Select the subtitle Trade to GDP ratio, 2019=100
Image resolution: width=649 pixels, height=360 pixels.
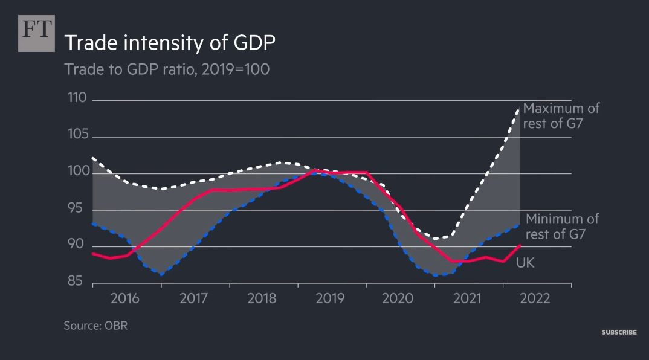tap(167, 69)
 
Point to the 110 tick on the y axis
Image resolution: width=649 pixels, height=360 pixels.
tap(77, 98)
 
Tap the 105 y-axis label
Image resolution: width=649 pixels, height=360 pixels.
tap(77, 135)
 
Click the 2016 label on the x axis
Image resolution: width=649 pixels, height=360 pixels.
tap(125, 298)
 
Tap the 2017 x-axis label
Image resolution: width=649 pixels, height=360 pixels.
tap(193, 298)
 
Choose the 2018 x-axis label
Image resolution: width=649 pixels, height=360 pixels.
tap(262, 298)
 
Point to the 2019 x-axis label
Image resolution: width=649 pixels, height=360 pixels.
tap(330, 298)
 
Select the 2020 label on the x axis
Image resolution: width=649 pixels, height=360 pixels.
tap(398, 298)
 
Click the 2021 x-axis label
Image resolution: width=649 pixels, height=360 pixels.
tap(467, 298)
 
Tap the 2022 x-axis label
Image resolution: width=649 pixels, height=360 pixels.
tap(534, 298)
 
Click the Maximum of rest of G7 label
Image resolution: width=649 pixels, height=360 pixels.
tap(561, 116)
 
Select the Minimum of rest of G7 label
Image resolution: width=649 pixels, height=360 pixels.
tap(562, 227)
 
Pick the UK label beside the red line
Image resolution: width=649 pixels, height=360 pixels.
tap(525, 263)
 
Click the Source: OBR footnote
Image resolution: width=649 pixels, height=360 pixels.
tap(95, 326)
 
